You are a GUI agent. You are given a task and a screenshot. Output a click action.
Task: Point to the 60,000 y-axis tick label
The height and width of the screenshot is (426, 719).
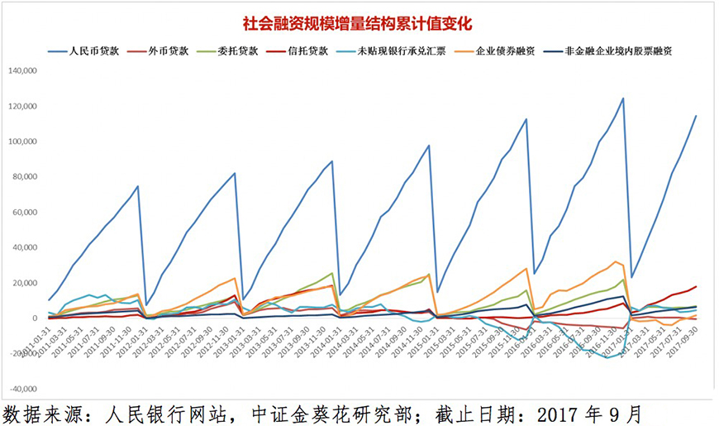pos(27,213)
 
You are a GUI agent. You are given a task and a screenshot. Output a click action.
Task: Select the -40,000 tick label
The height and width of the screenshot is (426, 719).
pos(26,389)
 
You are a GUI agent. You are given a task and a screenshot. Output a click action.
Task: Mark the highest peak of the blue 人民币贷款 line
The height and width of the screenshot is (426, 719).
pos(622,98)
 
